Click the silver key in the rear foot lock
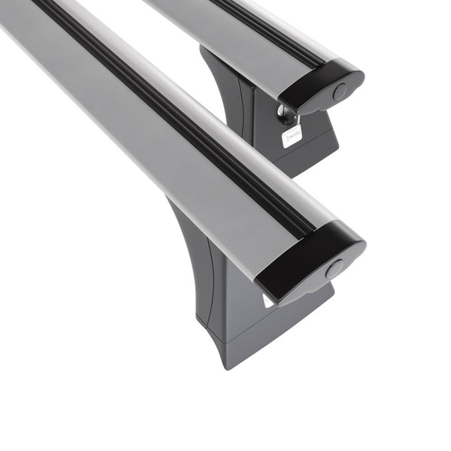pyautogui.click(x=286, y=115)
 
